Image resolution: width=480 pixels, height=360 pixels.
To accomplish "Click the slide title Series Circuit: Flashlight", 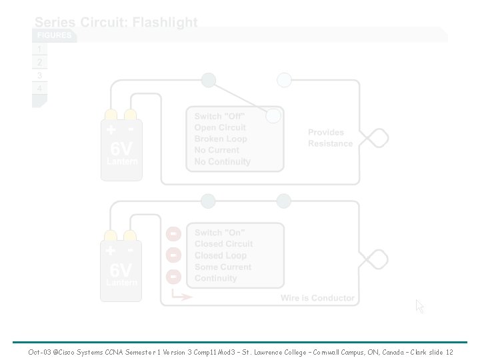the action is (116, 22).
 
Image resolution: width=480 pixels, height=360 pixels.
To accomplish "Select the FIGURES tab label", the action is (54, 35).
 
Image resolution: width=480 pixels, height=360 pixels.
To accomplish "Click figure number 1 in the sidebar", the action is (39, 49).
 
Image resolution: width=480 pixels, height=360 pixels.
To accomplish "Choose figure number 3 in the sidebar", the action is (39, 75).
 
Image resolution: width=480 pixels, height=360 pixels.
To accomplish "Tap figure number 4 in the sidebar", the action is (39, 88).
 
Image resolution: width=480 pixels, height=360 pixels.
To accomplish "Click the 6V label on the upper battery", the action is (121, 148).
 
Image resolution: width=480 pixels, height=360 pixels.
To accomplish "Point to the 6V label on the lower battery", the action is (121, 270).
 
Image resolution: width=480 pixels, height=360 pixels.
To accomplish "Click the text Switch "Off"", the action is (219, 117).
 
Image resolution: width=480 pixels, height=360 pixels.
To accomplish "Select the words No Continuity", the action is (222, 161).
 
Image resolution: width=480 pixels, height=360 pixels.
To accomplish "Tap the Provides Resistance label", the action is (330, 138).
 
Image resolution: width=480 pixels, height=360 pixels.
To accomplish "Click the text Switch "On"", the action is (219, 233).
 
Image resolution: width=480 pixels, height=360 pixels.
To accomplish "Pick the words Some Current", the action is (223, 267).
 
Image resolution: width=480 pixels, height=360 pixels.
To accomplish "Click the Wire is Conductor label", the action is (317, 298).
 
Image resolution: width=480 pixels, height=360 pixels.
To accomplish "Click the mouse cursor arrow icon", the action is (419, 306).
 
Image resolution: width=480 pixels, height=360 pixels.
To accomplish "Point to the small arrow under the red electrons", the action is (181, 295).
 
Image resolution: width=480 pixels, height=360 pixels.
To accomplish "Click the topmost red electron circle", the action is (173, 233).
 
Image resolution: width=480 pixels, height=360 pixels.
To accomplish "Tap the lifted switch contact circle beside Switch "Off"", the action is (273, 116).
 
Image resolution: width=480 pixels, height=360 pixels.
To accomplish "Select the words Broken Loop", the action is (220, 139).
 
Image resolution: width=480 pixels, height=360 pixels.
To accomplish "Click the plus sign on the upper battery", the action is (111, 129).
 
